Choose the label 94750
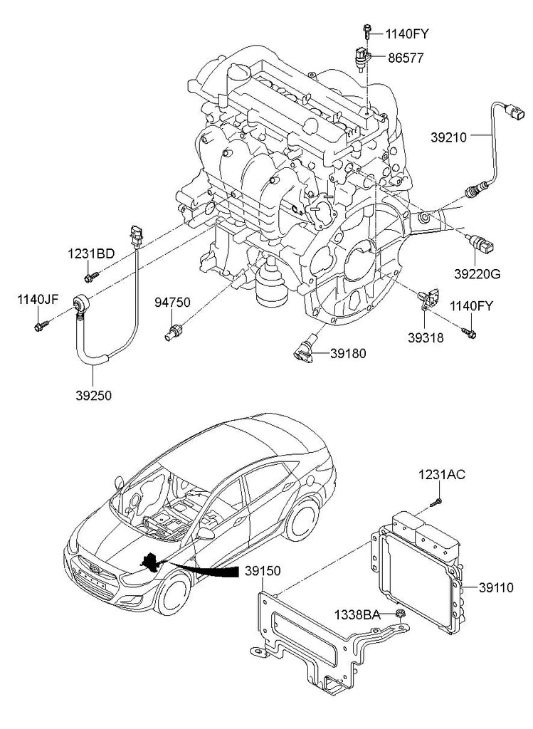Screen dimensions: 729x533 (172, 303)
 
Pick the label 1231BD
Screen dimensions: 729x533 (91, 253)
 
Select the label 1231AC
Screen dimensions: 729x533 (441, 475)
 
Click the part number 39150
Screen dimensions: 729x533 (263, 571)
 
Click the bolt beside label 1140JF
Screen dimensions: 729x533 (39, 326)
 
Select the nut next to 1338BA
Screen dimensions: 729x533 (401, 614)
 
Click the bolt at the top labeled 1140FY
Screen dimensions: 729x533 (367, 30)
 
